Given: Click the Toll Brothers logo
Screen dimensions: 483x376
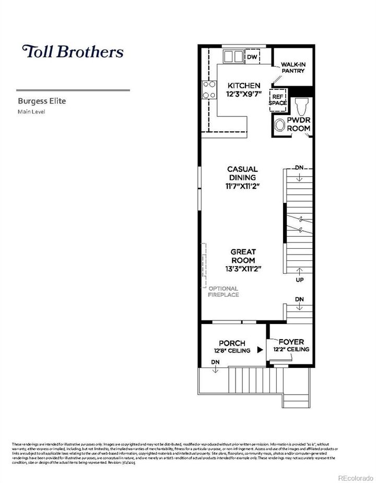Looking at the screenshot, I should click(73, 52).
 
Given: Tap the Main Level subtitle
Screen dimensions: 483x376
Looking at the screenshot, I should click(32, 111).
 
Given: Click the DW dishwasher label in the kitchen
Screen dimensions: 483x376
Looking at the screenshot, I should click(252, 57).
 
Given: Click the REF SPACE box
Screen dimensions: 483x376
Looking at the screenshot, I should click(277, 99).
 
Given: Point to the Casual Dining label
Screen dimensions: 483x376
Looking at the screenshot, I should click(242, 173).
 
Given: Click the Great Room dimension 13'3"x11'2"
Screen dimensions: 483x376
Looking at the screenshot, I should click(243, 269).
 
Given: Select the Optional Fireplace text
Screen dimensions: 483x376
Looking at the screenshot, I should click(224, 292).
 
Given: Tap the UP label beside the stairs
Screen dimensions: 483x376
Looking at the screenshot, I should click(299, 281).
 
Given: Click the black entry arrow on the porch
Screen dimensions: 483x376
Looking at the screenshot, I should click(260, 351).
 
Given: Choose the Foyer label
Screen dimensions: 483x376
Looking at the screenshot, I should click(291, 342).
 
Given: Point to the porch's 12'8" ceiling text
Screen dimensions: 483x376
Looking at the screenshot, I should click(232, 351).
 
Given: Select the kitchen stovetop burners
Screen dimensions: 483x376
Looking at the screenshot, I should click(209, 89).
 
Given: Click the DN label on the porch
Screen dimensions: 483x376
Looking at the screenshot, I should click(215, 362).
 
